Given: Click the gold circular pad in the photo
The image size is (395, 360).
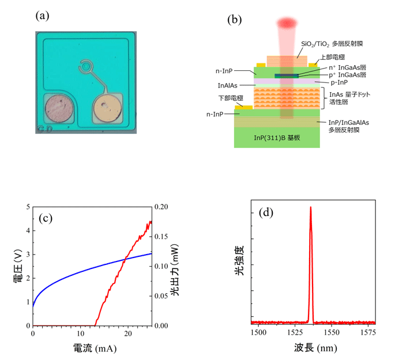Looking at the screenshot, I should [x=106, y=109].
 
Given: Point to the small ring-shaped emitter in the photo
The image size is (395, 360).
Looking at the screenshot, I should [x=86, y=67].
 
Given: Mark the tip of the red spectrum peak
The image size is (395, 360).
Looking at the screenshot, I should [x=310, y=207].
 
